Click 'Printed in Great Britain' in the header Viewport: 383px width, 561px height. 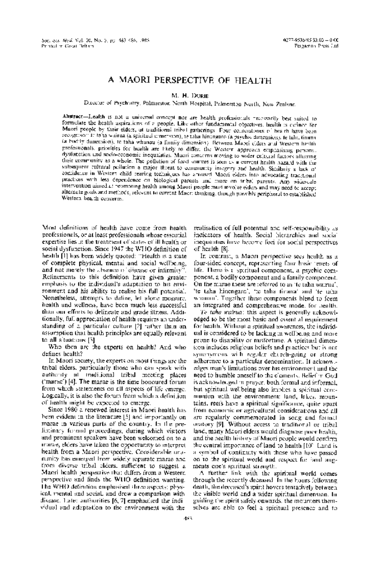click(x=68, y=46)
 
